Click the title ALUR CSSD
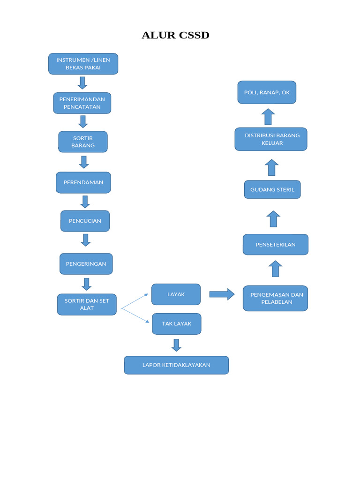click(x=175, y=36)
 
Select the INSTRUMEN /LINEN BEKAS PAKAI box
click(x=83, y=64)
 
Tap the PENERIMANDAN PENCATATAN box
click(x=82, y=103)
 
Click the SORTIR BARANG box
click(x=83, y=142)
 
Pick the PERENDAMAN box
click(x=83, y=182)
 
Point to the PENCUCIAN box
click(x=85, y=221)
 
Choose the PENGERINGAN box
click(x=86, y=264)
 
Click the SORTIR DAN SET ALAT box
click(x=87, y=304)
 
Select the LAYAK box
click(x=176, y=294)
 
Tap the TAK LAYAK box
click(x=176, y=324)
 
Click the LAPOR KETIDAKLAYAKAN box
click(x=176, y=365)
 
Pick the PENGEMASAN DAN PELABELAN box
click(x=275, y=298)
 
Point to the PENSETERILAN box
click(x=275, y=245)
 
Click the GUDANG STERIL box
click(x=272, y=190)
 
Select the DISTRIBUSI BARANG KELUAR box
click(x=271, y=139)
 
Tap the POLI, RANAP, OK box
click(x=267, y=92)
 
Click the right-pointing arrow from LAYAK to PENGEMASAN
click(x=222, y=294)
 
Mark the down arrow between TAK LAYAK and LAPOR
click(x=176, y=345)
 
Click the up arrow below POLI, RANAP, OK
click(x=268, y=117)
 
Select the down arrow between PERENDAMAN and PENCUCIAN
click(x=85, y=202)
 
